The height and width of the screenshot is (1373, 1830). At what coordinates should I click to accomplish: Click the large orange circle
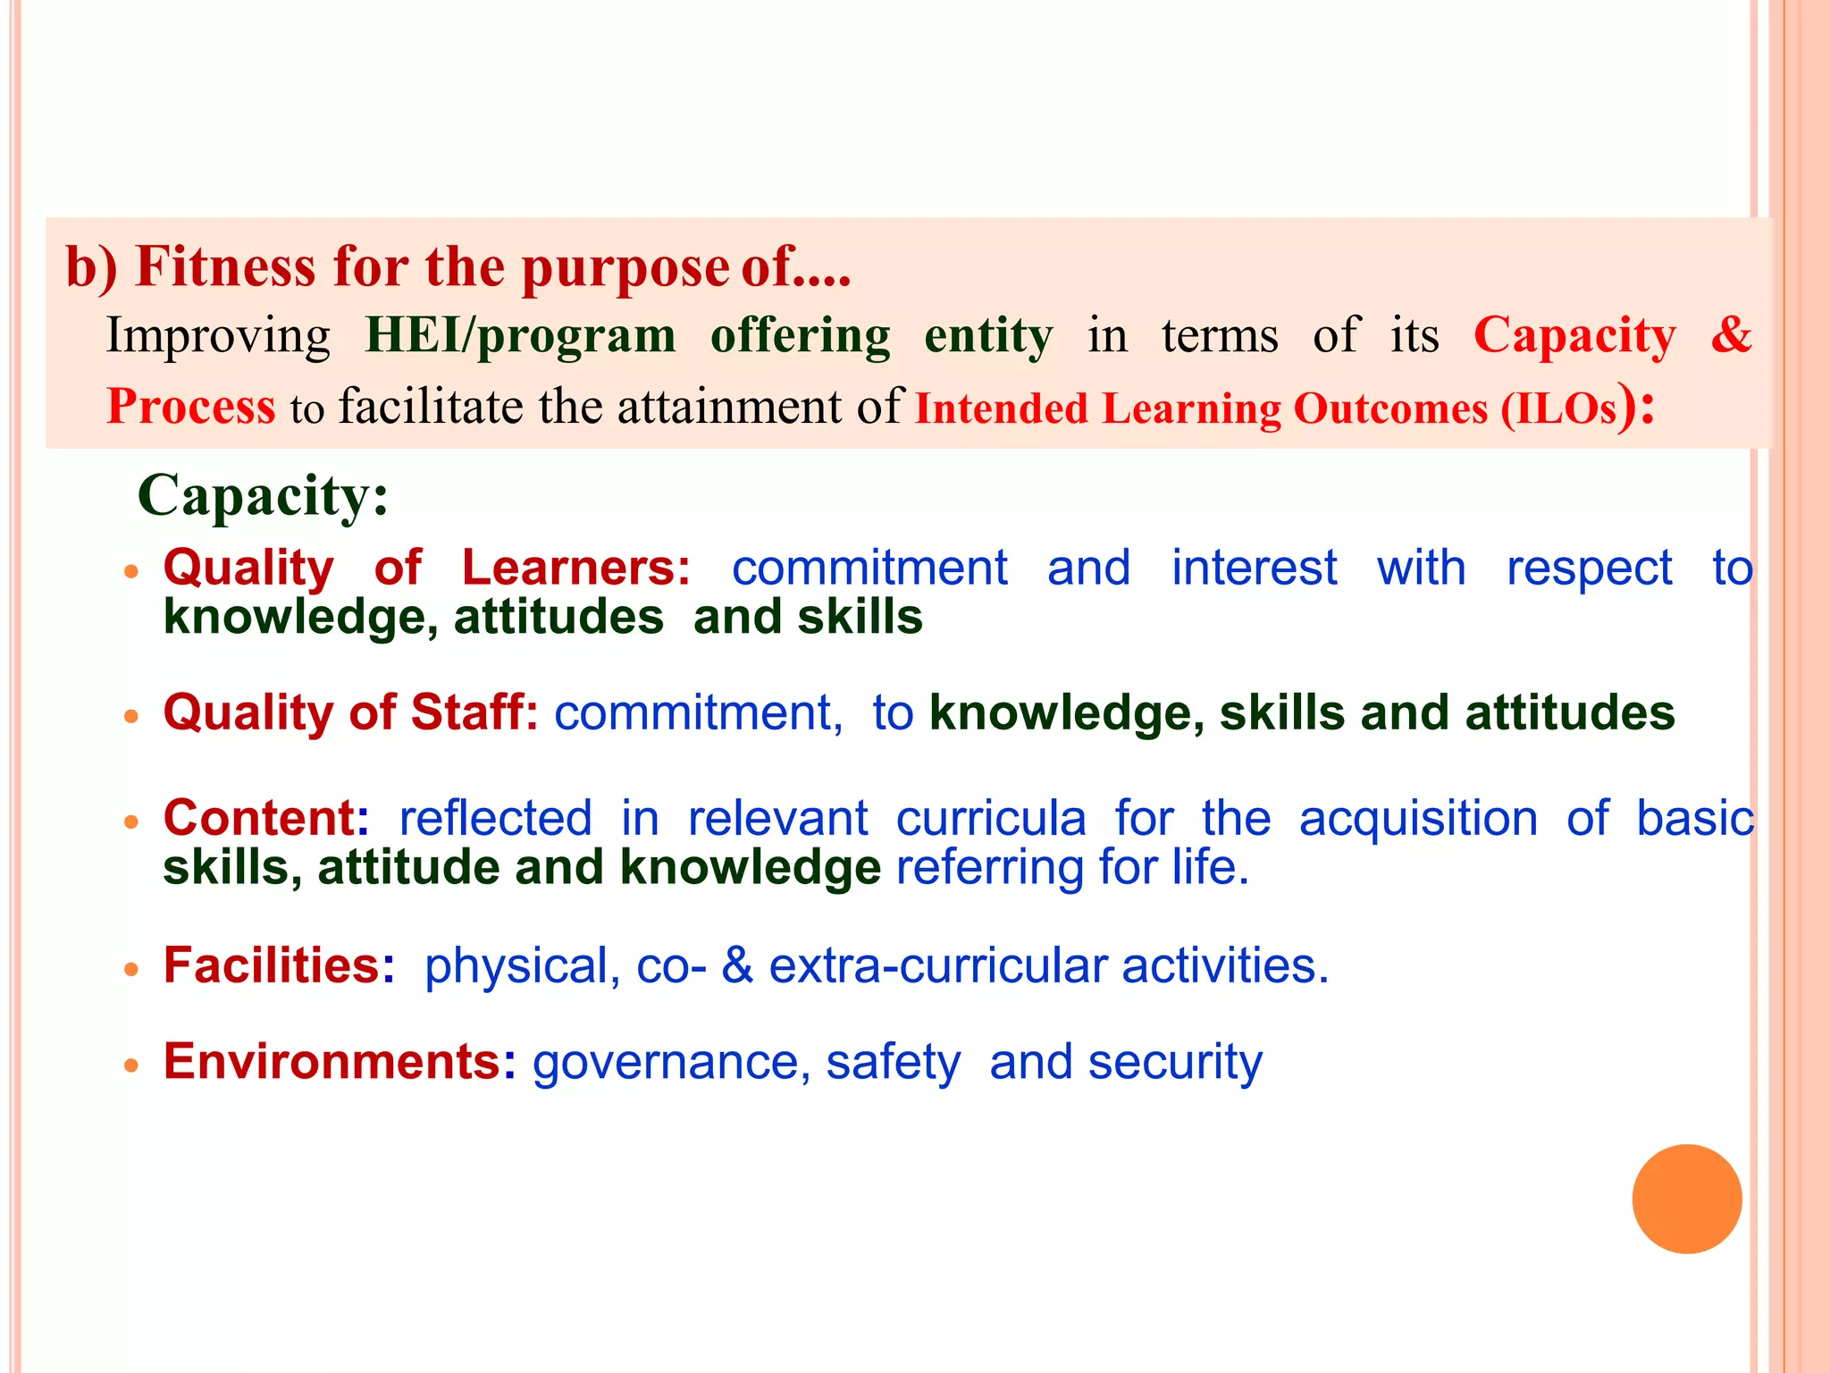click(x=1686, y=1199)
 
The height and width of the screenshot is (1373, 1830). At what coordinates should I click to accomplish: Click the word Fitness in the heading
click(x=226, y=267)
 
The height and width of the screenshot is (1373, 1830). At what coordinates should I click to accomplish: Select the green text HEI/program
click(x=520, y=336)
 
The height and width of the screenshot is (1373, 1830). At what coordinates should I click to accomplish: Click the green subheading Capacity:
click(x=264, y=495)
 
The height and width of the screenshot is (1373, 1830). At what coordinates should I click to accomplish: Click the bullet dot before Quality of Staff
click(x=131, y=716)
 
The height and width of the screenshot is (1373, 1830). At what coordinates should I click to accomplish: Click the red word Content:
click(x=265, y=818)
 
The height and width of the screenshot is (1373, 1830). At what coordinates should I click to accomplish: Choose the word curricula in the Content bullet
click(x=991, y=819)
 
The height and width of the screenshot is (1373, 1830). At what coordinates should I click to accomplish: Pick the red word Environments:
click(x=340, y=1062)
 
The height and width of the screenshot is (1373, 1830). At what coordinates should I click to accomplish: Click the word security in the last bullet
click(x=1175, y=1063)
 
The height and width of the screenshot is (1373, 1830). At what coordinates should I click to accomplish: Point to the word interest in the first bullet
click(x=1254, y=569)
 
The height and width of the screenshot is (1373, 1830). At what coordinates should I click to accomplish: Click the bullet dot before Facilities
click(x=131, y=969)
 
